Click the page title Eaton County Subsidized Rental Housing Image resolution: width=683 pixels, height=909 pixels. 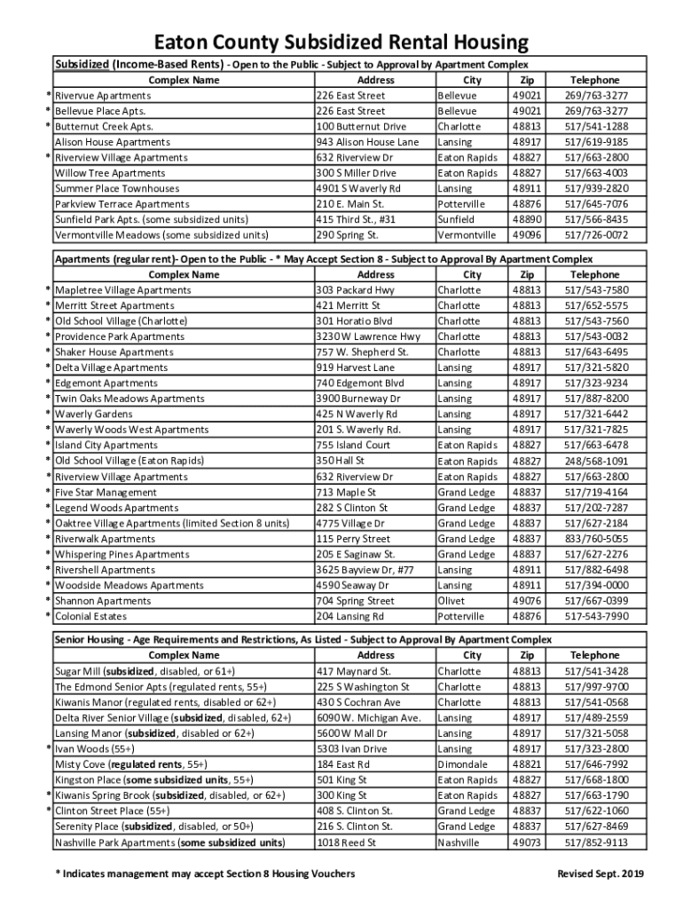coord(341,43)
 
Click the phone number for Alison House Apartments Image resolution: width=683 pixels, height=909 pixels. coord(596,142)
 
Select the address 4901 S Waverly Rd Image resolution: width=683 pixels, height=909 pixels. coord(357,188)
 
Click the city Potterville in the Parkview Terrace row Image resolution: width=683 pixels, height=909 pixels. coord(460,204)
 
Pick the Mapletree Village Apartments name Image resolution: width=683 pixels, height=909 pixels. coord(122,290)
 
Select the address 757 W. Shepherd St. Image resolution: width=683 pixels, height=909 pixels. coord(362,352)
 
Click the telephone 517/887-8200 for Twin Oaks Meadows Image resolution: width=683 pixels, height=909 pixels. coord(596,399)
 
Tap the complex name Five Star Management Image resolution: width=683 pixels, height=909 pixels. coord(106,492)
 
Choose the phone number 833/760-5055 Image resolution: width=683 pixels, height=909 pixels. coord(596,539)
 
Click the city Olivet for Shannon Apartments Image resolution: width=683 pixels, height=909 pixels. coord(451,601)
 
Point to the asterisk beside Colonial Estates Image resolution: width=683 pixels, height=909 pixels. coord(48,617)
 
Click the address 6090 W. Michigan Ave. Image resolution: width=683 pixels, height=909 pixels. coord(368,717)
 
